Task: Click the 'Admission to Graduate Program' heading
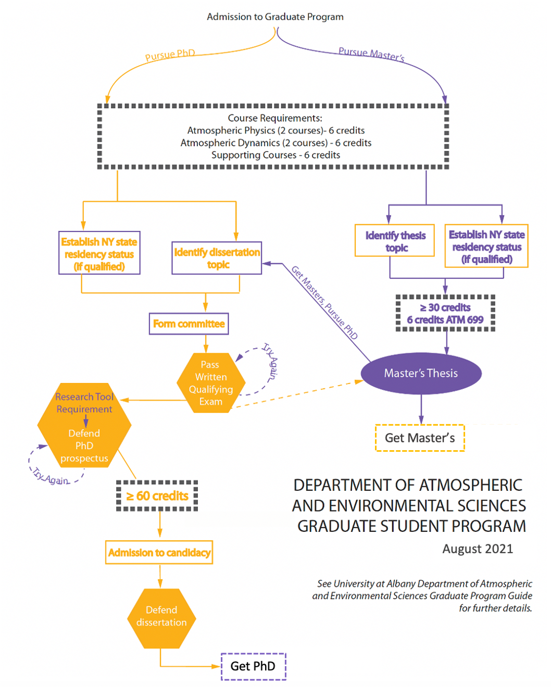tap(275, 17)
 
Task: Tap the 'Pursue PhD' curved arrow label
tap(170, 55)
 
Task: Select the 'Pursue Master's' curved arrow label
tap(371, 54)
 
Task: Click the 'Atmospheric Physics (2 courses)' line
tap(275, 131)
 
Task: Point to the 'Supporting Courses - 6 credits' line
tap(275, 155)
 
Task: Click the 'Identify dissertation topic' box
tap(217, 258)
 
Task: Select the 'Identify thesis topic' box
tap(395, 241)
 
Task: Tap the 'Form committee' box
tap(189, 324)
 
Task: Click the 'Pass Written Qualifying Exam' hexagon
tap(210, 383)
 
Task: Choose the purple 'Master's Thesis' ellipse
tap(421, 373)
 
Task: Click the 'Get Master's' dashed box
tap(420, 438)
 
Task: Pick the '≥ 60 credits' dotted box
tap(157, 496)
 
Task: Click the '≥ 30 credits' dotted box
tap(445, 313)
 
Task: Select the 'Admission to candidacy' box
tap(159, 553)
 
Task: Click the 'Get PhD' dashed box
tap(253, 666)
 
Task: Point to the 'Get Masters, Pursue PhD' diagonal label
tap(324, 302)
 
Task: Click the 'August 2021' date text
tap(478, 549)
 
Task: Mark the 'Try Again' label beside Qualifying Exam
tap(271, 360)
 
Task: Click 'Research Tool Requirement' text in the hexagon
tap(84, 403)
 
